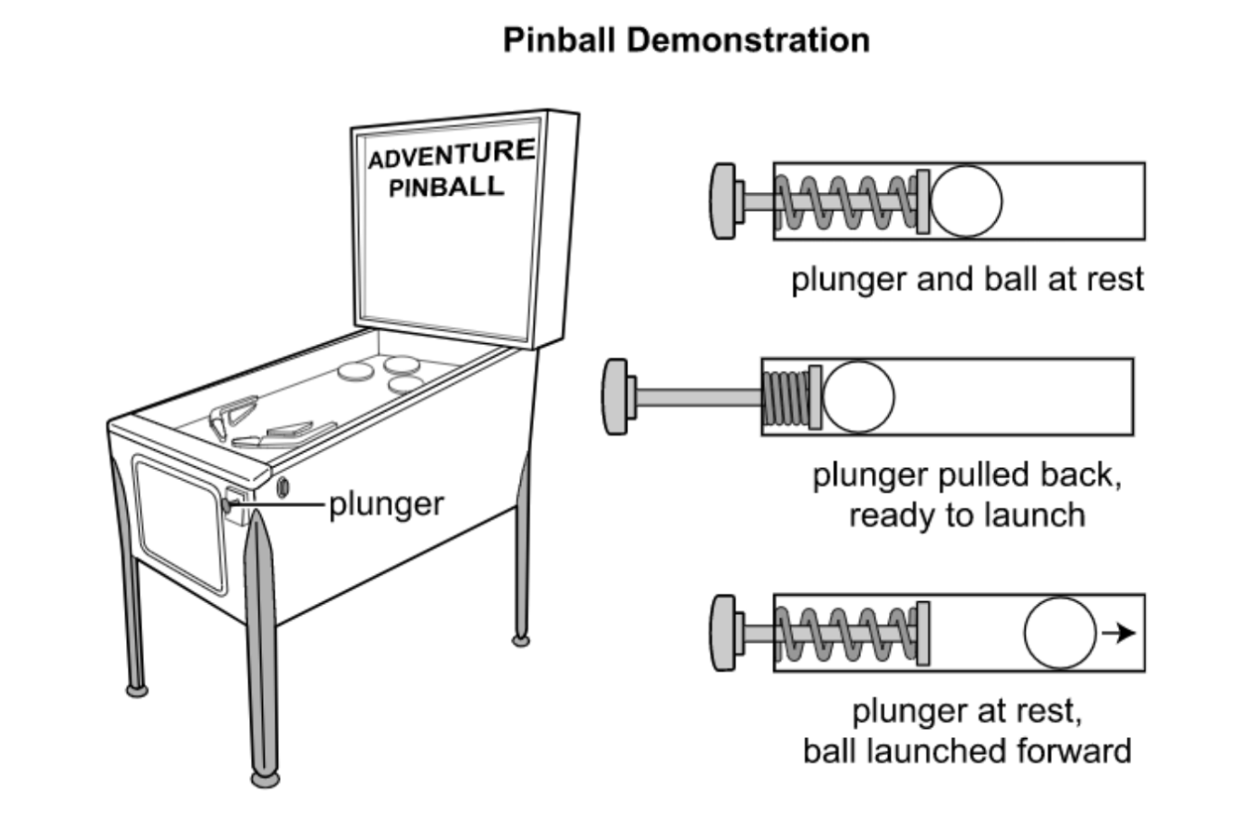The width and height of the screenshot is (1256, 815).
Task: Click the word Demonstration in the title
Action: pyautogui.click(x=749, y=40)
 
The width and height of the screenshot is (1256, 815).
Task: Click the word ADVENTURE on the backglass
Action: pyautogui.click(x=450, y=155)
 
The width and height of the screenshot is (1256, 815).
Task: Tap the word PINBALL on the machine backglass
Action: pyautogui.click(x=446, y=187)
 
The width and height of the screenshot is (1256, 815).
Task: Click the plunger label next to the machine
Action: pyautogui.click(x=386, y=503)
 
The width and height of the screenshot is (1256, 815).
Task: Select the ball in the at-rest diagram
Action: pyautogui.click(x=966, y=201)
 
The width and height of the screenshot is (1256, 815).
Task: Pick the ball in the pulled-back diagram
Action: pyautogui.click(x=858, y=397)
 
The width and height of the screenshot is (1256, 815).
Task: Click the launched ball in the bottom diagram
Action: pyautogui.click(x=1060, y=633)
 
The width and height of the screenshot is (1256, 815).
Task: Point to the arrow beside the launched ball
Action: pyautogui.click(x=1119, y=633)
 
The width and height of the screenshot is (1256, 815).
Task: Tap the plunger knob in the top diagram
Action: pyautogui.click(x=723, y=201)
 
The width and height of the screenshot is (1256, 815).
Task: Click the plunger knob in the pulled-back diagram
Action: pyautogui.click(x=615, y=397)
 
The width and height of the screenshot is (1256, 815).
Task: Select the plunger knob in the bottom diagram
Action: pyautogui.click(x=723, y=633)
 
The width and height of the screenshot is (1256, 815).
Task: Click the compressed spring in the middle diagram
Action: pyautogui.click(x=785, y=398)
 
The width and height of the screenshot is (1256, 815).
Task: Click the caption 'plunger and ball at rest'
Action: pyautogui.click(x=967, y=279)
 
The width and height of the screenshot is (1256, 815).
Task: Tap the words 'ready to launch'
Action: pyautogui.click(x=967, y=515)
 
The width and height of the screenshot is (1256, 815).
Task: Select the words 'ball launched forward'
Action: pyautogui.click(x=967, y=751)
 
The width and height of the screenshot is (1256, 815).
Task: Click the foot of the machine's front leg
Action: pyautogui.click(x=265, y=778)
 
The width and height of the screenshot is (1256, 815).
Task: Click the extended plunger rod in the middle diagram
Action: pyautogui.click(x=698, y=397)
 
